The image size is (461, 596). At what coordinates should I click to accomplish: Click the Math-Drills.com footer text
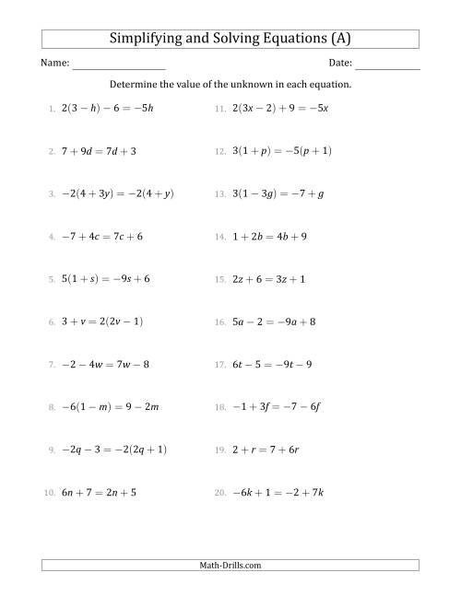(x=230, y=565)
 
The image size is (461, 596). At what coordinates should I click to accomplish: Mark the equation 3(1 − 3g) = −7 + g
(x=277, y=193)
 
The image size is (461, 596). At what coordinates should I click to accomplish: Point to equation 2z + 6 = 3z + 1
(x=269, y=279)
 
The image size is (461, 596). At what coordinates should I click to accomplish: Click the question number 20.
(x=219, y=494)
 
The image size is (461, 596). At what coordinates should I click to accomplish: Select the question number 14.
(x=219, y=237)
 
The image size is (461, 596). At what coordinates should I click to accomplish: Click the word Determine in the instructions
(x=134, y=84)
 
